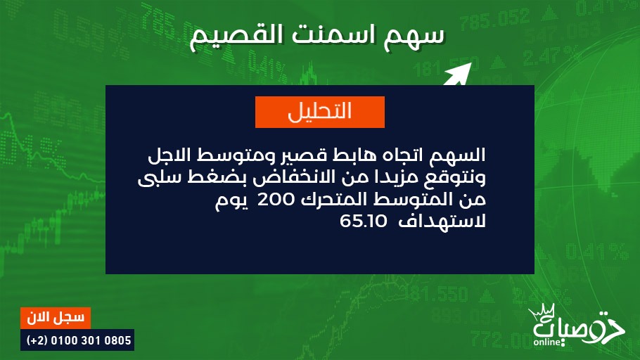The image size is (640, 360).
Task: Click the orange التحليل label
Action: [319, 112]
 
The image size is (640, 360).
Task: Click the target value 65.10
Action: [364, 221]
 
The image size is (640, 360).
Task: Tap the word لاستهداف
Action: [442, 221]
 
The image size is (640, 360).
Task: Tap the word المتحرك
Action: [333, 199]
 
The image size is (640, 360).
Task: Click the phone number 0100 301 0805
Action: [91, 340]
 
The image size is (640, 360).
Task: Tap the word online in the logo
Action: [547, 342]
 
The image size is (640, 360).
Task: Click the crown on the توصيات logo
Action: [543, 312]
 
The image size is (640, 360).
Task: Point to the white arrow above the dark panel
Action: [458, 75]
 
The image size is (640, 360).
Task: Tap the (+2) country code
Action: [37, 340]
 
